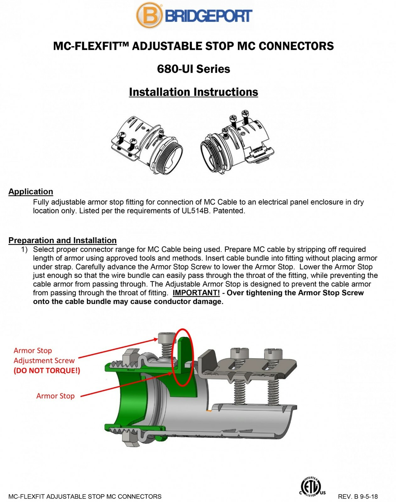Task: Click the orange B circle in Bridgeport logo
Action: [149, 15]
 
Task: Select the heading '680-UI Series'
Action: [193, 69]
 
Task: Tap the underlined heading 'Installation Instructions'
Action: [193, 92]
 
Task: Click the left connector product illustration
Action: [147, 144]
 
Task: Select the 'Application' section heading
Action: [31, 192]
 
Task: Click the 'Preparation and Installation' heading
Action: [62, 240]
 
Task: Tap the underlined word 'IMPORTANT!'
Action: [196, 293]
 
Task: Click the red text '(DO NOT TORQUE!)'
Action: [47, 371]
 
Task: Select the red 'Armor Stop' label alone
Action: [55, 396]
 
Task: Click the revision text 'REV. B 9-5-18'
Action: [358, 497]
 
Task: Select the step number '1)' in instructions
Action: [24, 249]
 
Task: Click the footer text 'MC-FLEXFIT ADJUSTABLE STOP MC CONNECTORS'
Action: [85, 497]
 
